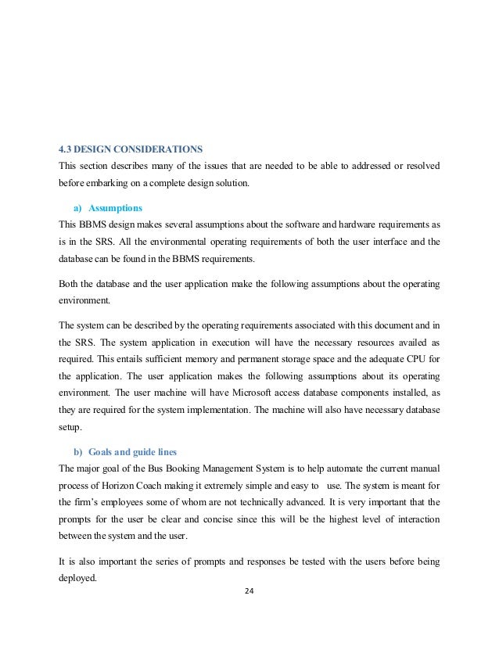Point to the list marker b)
coord(77,453)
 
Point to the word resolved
coord(419,166)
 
